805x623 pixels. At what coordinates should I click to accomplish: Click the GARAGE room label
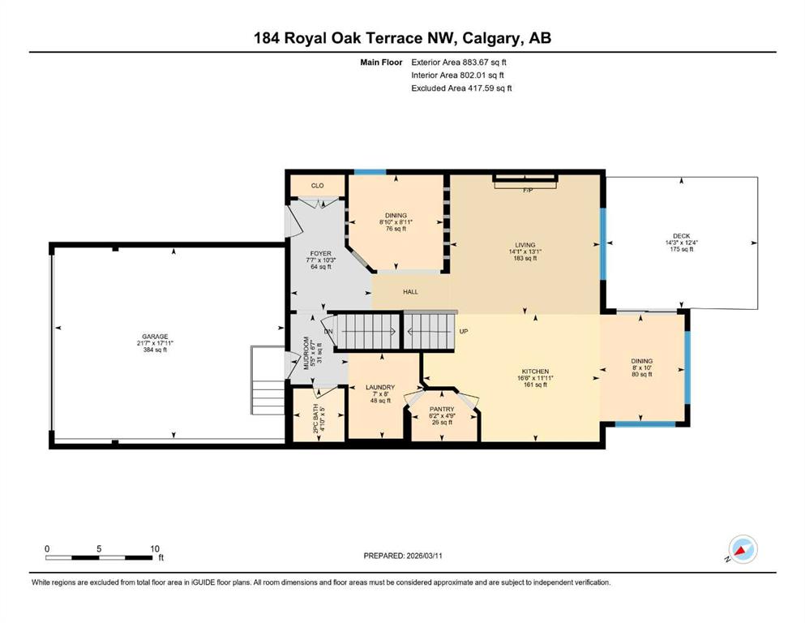point(155,337)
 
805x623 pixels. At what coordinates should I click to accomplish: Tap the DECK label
point(681,236)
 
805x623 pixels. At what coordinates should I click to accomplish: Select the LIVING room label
point(525,245)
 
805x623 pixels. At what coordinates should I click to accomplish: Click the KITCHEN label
point(536,372)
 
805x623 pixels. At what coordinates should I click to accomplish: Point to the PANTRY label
point(442,410)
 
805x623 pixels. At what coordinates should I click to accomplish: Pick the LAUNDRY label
point(380,387)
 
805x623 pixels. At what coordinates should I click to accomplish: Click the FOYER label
point(321,254)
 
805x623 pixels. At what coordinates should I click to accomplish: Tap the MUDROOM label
point(306,354)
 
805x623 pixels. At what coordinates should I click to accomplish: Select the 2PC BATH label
point(315,419)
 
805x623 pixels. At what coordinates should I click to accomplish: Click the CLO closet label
point(317,186)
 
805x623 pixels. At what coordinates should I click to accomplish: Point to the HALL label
point(410,292)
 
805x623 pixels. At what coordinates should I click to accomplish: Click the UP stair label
point(464,332)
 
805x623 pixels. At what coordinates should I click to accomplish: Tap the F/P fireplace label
point(528,191)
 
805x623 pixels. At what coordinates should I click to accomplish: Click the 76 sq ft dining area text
point(396,229)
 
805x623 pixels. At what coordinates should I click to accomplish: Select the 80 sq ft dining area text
point(642,375)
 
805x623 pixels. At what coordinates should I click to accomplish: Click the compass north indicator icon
point(743,550)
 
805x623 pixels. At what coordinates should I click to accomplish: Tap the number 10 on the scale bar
point(155,548)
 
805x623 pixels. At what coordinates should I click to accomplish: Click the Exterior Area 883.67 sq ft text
point(459,62)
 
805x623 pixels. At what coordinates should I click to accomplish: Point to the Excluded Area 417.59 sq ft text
point(461,88)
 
